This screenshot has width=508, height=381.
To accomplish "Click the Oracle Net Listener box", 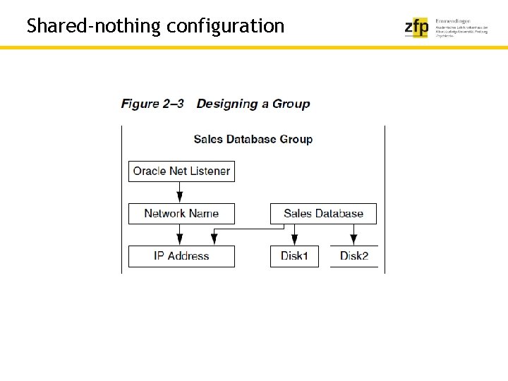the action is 181,171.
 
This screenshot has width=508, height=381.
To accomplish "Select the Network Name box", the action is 181,213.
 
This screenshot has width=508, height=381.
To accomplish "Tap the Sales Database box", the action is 323,213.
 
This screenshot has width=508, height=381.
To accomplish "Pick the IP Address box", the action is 181,255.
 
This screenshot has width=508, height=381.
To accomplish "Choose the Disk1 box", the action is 294,255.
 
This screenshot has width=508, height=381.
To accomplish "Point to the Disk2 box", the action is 353,255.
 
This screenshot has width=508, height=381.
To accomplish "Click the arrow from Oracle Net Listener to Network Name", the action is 180,192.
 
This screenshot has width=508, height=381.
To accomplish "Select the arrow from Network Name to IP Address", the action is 180,234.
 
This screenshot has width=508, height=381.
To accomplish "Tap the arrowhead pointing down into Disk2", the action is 353,239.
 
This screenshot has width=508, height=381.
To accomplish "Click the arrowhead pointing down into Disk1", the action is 294,239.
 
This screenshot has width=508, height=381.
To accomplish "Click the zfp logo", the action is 416,28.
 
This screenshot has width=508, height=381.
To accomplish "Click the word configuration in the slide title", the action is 226,27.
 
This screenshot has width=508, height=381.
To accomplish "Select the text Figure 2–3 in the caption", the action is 152,104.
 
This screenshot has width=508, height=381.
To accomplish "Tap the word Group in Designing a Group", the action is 291,104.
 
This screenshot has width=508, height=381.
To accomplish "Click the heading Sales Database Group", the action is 253,139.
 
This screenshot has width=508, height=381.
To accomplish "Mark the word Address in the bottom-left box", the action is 188,255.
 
